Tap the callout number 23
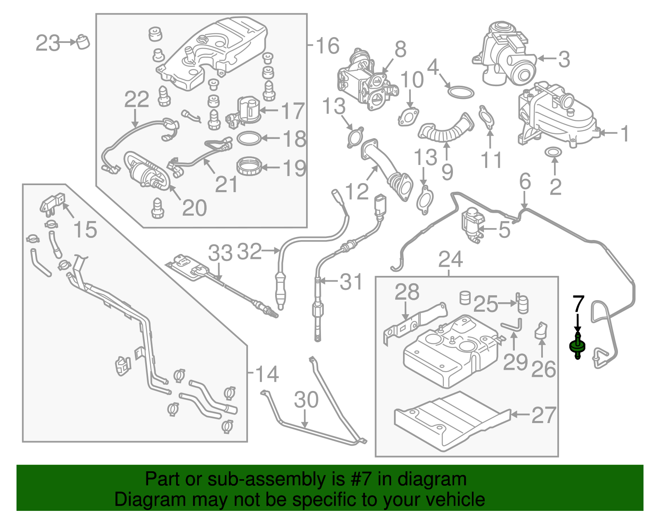[48, 43]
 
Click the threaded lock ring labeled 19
[250, 166]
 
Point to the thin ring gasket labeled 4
[460, 92]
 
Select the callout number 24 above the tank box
[450, 259]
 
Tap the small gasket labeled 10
[408, 117]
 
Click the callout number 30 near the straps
[306, 400]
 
